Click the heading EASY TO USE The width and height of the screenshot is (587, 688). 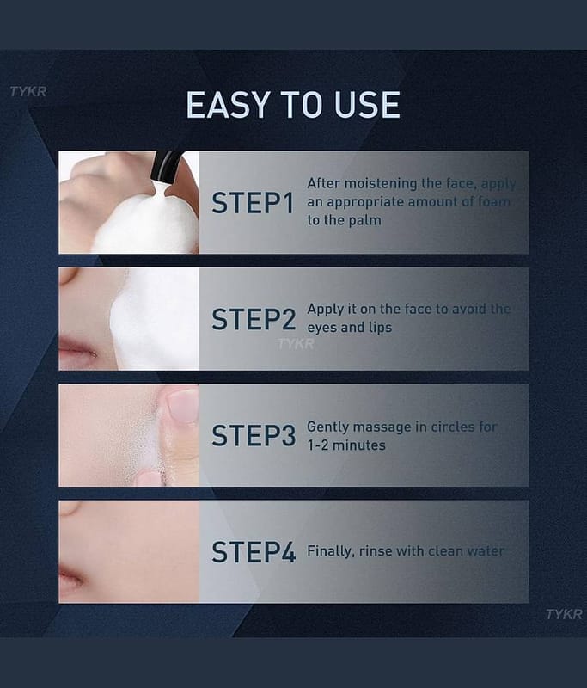tap(293, 105)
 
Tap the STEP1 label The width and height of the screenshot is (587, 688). tap(253, 203)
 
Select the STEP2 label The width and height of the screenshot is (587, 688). tap(254, 319)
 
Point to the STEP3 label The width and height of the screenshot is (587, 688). tap(254, 435)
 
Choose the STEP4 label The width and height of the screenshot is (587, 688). tap(254, 552)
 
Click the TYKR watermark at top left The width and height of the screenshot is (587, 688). tap(28, 92)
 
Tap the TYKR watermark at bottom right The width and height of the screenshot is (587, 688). tap(564, 614)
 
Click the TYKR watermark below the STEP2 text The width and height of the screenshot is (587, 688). tap(296, 343)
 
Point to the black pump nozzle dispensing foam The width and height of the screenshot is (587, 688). tap(165, 167)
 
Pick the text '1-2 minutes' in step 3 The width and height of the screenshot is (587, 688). tap(346, 445)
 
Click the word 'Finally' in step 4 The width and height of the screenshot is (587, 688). tap(331, 551)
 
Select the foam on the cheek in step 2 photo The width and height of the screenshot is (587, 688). tap(154, 319)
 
